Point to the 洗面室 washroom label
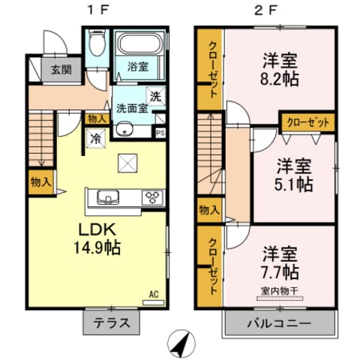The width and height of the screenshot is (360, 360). click(130, 107)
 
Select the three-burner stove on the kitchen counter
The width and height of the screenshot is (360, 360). click(152, 198)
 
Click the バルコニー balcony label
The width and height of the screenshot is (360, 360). click(278, 325)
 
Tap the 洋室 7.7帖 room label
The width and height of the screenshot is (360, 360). click(281, 262)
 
